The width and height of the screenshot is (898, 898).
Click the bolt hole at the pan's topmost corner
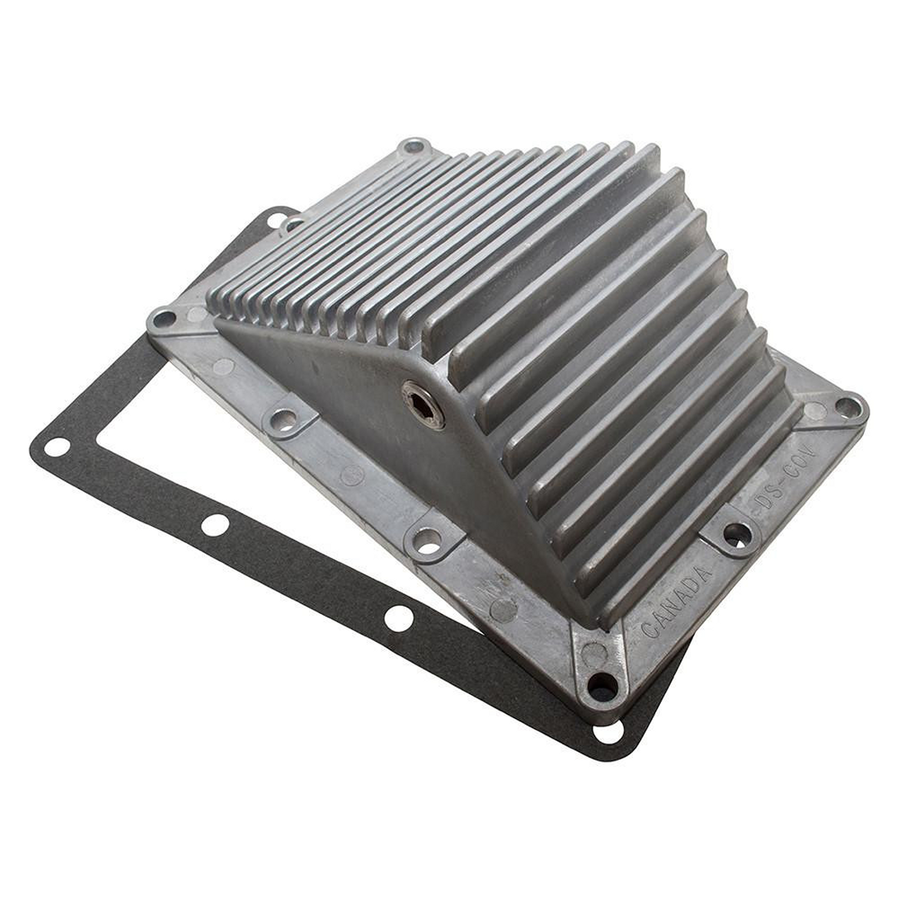pyautogui.click(x=413, y=148)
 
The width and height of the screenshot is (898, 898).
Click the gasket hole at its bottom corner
pyautogui.click(x=607, y=733)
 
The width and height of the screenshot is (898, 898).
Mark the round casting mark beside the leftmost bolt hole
pyautogui.click(x=198, y=315)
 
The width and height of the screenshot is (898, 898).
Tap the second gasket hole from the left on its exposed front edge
pyautogui.click(x=215, y=526)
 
